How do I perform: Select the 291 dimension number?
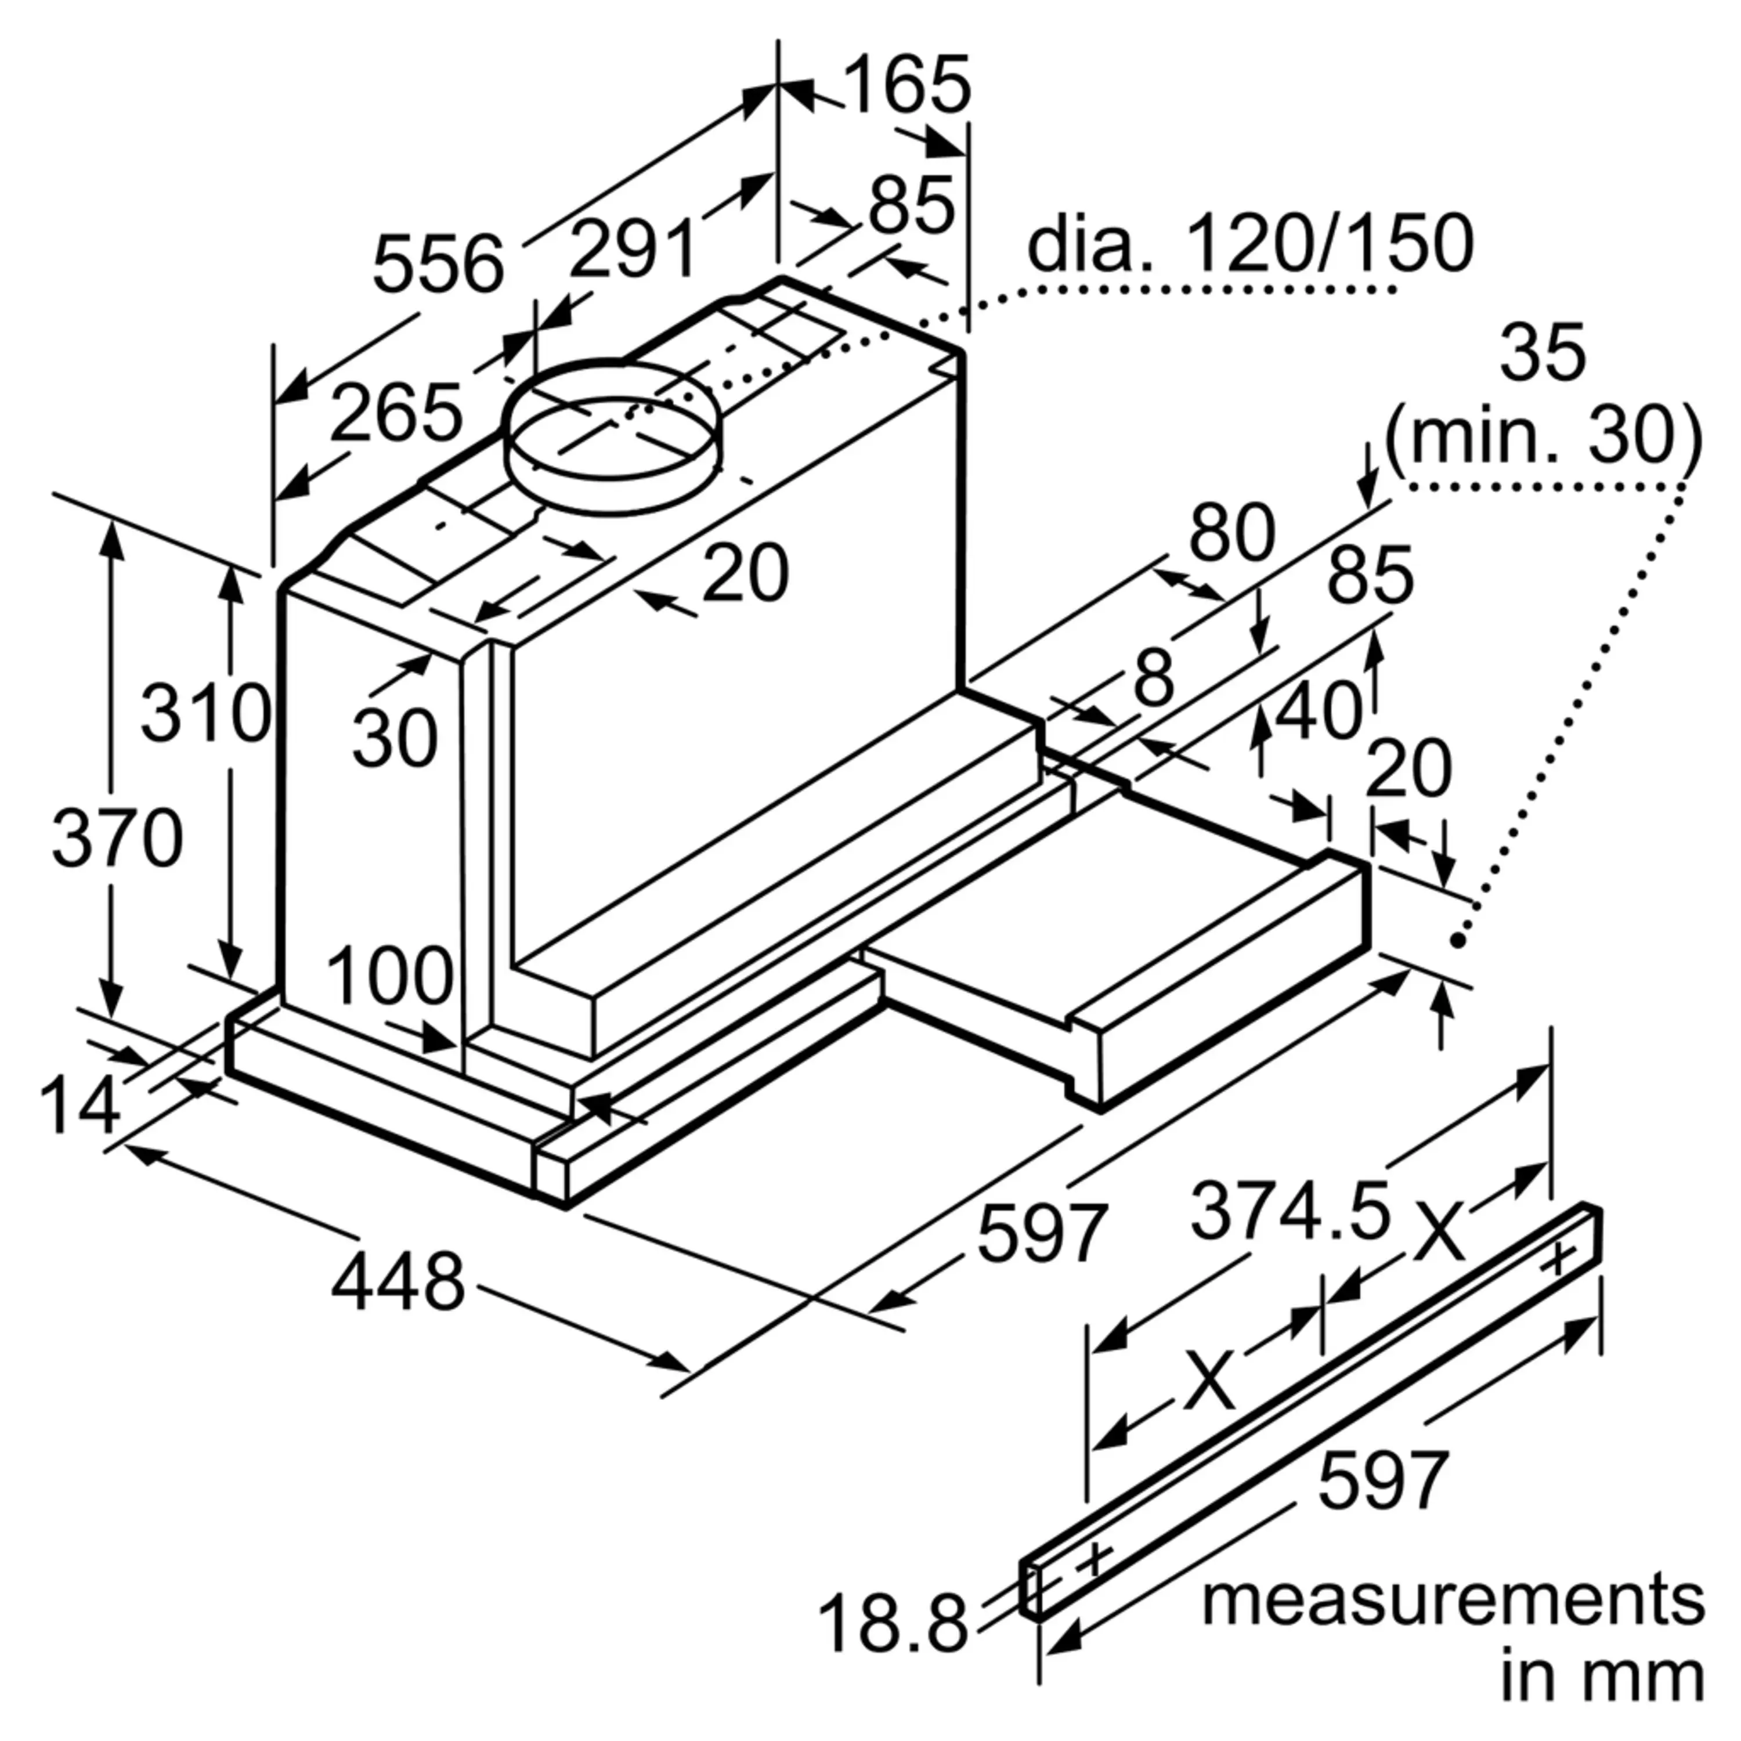pyautogui.click(x=634, y=249)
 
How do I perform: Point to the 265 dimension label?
pyautogui.click(x=396, y=413)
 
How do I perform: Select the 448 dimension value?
pyautogui.click(x=398, y=1281)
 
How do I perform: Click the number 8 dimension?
pyautogui.click(x=1154, y=678)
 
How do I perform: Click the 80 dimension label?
pyautogui.click(x=1232, y=533)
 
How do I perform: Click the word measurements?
pyautogui.click(x=1453, y=1601)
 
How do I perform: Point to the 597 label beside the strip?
pyautogui.click(x=1384, y=1480)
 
